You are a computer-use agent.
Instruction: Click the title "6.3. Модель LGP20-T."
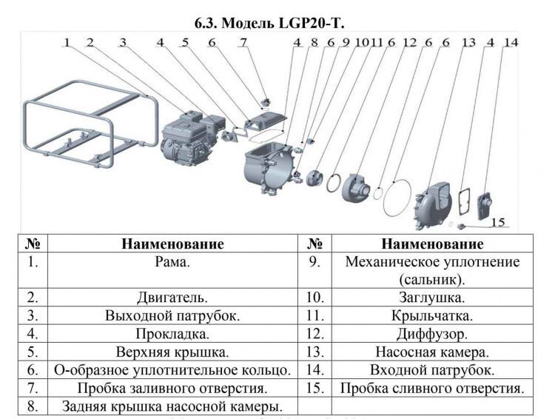[x=269, y=23]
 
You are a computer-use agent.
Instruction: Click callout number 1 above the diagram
[x=67, y=42]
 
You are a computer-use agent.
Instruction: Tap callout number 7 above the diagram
[x=243, y=42]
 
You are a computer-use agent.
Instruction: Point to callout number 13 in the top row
[x=468, y=42]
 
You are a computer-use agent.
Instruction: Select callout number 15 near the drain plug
[x=498, y=222]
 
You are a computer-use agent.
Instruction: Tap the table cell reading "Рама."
[x=172, y=262]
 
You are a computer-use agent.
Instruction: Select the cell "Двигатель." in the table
[x=172, y=298]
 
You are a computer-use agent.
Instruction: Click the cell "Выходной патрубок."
[x=172, y=315]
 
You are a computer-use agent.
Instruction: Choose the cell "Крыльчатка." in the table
[x=432, y=315]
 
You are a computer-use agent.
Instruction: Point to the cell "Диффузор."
[x=432, y=334]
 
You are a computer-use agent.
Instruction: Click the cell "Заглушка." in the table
[x=432, y=298]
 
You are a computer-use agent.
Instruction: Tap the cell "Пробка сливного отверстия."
[x=432, y=388]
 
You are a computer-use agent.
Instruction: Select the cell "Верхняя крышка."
[x=172, y=352]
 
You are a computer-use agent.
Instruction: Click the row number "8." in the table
[x=33, y=406]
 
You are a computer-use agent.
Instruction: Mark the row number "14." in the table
[x=314, y=369]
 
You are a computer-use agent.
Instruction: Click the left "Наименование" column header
[x=172, y=244]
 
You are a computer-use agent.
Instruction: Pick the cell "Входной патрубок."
[x=432, y=370]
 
